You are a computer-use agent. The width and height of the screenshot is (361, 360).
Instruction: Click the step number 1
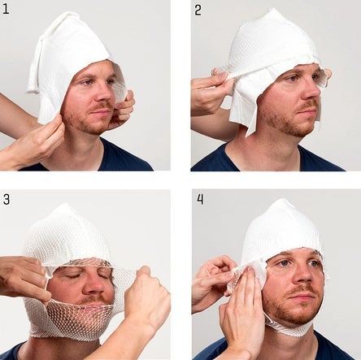pos(6,9)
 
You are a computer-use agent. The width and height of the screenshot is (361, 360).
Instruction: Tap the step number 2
pos(198,10)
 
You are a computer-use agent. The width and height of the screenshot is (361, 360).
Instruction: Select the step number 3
pos(7,199)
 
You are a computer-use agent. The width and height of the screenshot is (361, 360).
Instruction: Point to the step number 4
pos(200,199)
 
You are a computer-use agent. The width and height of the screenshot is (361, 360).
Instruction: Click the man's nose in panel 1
pos(107,92)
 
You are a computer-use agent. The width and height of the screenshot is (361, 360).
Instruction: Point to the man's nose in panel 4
pos(303,275)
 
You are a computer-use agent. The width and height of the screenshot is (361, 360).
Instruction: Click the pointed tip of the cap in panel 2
pos(274,10)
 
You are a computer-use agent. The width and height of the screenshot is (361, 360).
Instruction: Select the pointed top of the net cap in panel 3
pos(64,206)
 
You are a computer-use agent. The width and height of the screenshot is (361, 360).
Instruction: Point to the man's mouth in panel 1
pos(101,111)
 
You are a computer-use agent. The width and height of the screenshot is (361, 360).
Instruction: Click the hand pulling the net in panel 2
pos(211,91)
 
